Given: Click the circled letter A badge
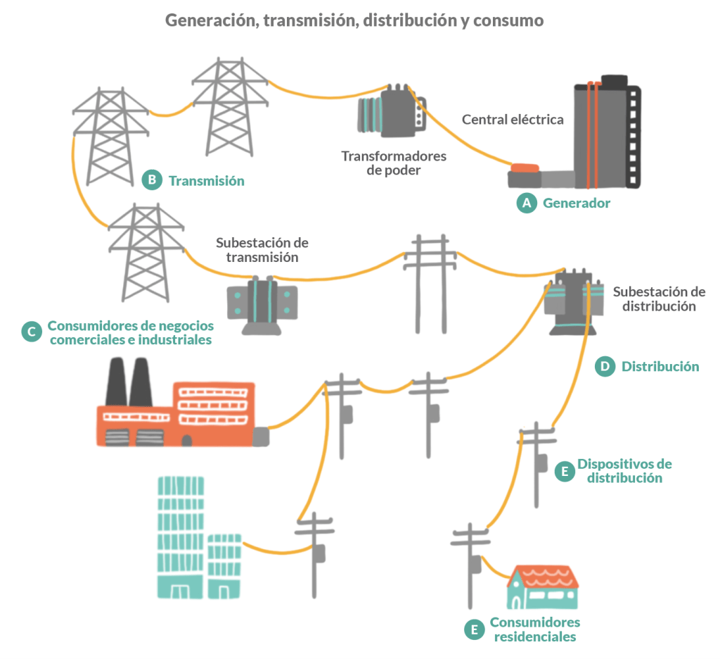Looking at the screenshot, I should point(525,203).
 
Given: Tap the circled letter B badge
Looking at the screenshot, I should point(151,180).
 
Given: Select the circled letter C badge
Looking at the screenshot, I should point(31,332).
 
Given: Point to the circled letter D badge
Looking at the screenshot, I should point(604,366).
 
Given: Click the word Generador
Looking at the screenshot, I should point(577,203).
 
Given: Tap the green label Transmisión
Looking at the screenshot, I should point(206,181).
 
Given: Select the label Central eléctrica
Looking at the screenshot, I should point(513,120).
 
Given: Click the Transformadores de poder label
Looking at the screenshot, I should point(393,163).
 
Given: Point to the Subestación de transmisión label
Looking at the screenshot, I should point(262,250).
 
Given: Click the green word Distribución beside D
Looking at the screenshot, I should point(660,366).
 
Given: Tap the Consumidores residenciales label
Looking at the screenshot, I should point(535,629).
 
